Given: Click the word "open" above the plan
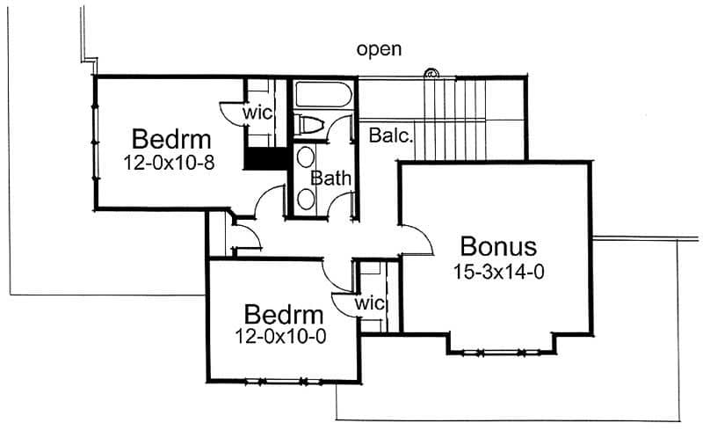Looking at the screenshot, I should [379, 49].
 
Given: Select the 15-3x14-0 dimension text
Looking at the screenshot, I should [498, 272].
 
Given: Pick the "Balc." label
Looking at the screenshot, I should [391, 136].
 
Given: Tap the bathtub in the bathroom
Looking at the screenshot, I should [323, 94].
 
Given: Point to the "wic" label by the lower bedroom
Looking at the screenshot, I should [371, 303].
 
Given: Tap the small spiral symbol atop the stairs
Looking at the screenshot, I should [431, 73].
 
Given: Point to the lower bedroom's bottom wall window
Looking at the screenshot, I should [281, 381].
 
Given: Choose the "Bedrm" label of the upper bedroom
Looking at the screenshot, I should [171, 139].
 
